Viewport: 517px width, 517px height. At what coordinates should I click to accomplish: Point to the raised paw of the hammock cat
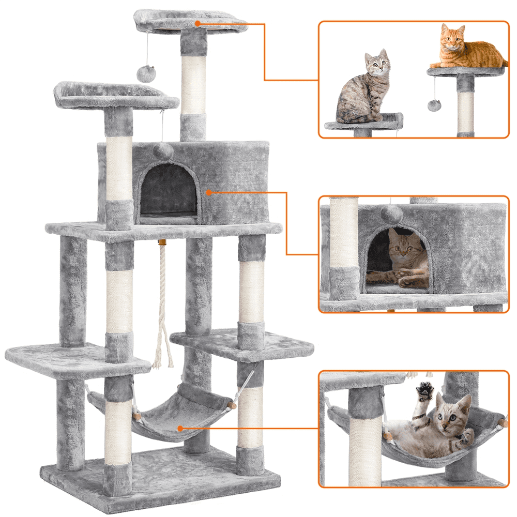coord(424,391)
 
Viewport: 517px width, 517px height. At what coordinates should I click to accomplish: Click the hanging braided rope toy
coord(162,305)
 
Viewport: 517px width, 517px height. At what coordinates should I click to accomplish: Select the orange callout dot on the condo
coord(209,192)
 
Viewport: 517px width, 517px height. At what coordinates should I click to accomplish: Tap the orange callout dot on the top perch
coord(197,23)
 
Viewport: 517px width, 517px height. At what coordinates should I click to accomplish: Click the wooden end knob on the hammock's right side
coord(233,406)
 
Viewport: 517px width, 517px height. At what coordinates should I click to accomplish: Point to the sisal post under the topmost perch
coord(193,85)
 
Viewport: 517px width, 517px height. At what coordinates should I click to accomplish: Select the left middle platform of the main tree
coord(67,359)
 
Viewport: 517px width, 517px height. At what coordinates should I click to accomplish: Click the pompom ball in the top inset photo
coord(434,104)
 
